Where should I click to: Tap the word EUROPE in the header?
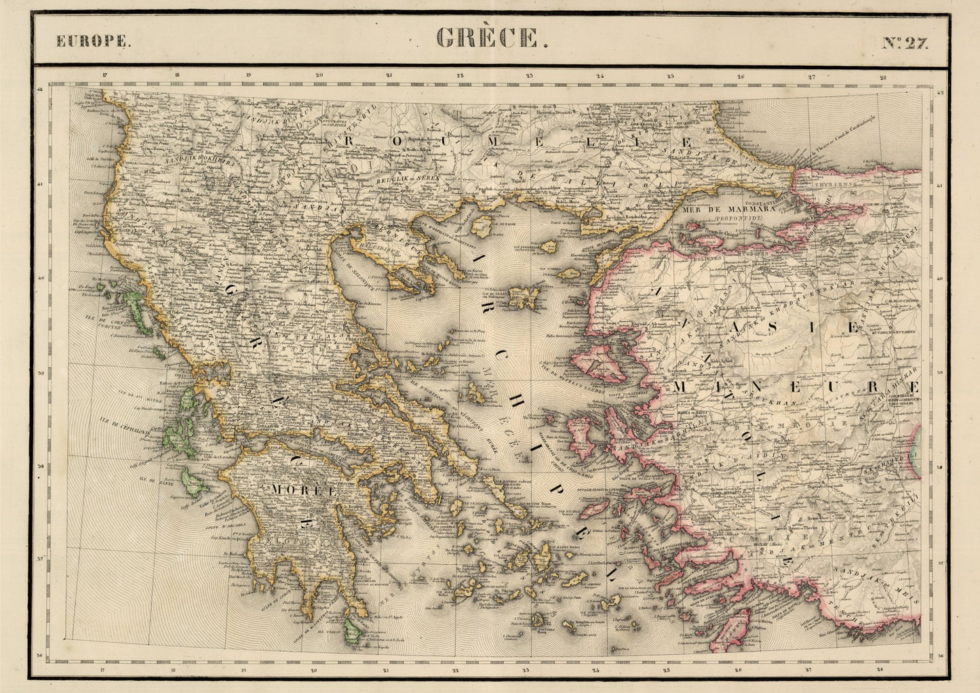tap(94, 41)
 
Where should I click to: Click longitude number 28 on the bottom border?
tap(880, 669)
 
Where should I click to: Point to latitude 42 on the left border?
tap(40, 89)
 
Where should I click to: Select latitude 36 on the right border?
tap(941, 656)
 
